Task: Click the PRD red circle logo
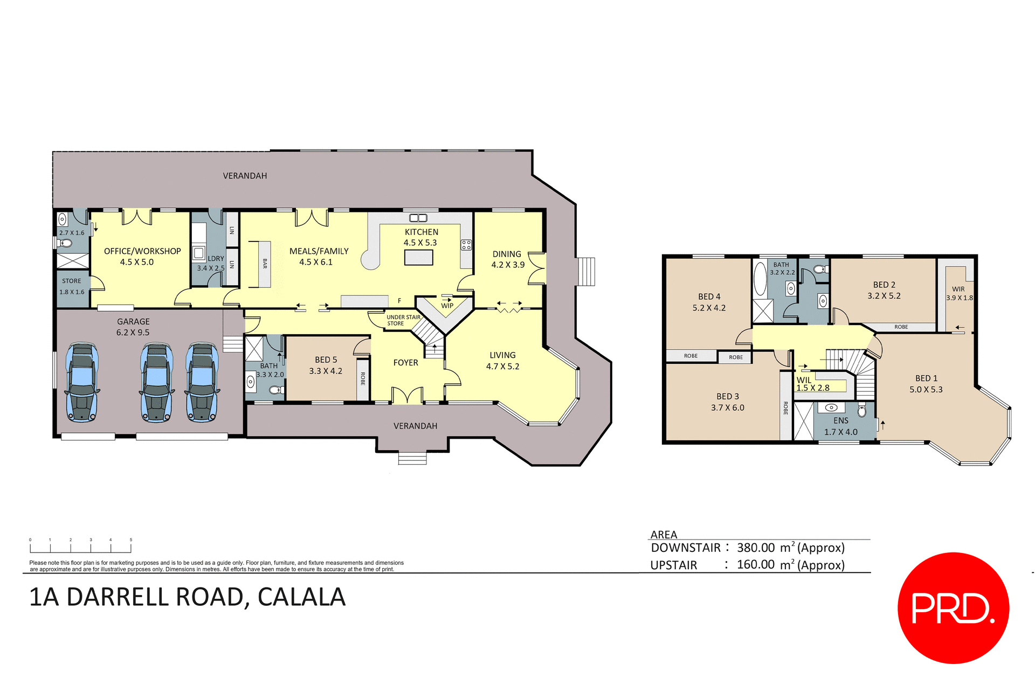[x=953, y=608]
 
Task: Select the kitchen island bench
[x=418, y=258]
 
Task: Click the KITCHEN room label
[x=422, y=232]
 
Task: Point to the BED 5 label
[x=326, y=360]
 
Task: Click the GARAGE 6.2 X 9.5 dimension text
[x=133, y=333]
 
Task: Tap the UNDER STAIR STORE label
[x=403, y=320]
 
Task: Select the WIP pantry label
[x=447, y=306]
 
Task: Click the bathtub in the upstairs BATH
[x=760, y=278]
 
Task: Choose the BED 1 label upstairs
[x=926, y=378]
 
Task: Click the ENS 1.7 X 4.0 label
[x=840, y=426]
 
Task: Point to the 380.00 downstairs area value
[x=756, y=548]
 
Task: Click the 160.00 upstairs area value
[x=756, y=565]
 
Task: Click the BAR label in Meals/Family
[x=265, y=264]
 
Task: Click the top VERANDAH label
[x=245, y=176]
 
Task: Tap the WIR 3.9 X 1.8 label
[x=959, y=294]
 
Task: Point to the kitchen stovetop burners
[x=466, y=245]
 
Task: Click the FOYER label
[x=405, y=363]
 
